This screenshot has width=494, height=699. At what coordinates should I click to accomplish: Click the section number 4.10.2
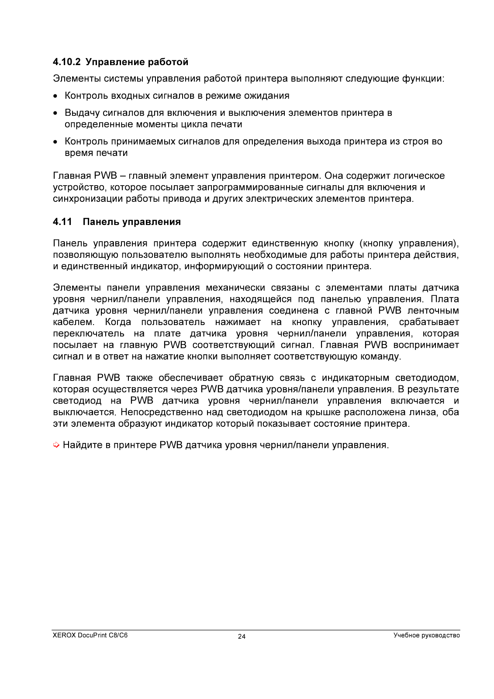click(67, 62)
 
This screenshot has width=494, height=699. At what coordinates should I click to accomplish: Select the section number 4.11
click(62, 222)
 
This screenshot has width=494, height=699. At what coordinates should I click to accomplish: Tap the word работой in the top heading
click(168, 62)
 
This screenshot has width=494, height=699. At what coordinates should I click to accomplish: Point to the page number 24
click(242, 637)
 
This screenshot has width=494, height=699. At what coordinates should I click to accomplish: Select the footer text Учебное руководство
click(426, 635)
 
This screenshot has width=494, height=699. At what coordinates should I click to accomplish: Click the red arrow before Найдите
click(56, 445)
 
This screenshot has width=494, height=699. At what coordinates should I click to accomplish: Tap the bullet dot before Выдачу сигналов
click(55, 113)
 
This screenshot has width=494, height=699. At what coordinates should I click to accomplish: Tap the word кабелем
click(73, 322)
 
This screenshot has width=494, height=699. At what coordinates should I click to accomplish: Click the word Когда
click(118, 322)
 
